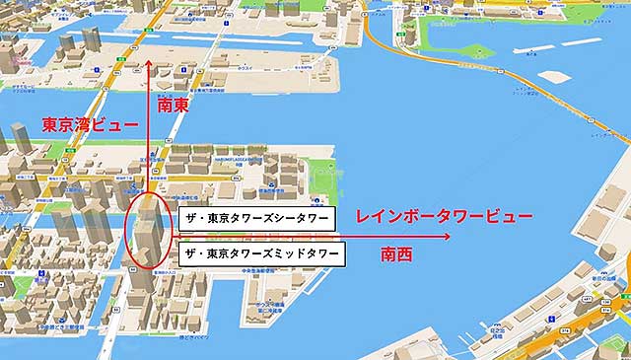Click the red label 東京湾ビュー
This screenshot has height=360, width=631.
click(x=83, y=125)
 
